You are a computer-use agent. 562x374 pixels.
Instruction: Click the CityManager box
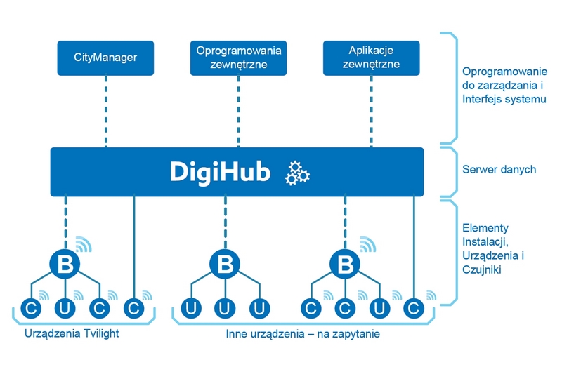tap(105, 58)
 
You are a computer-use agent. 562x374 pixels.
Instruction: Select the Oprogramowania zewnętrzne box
tap(238, 58)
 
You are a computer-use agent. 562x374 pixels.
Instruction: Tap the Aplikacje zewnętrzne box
tap(372, 58)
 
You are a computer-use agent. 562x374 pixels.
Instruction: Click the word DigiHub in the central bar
tap(220, 172)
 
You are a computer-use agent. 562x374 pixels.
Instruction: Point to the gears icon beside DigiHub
tap(297, 173)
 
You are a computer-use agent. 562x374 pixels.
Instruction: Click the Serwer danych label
tap(499, 169)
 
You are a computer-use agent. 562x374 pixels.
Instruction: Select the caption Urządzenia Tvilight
tap(72, 333)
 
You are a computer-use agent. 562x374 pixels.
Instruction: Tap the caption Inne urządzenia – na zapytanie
tap(303, 334)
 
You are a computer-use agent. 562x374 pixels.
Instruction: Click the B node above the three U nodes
tap(225, 265)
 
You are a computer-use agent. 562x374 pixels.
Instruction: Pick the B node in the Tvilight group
tap(65, 265)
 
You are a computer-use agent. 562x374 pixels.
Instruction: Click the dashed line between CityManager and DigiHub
tap(106, 112)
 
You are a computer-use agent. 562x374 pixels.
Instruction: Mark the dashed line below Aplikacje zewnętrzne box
tap(372, 112)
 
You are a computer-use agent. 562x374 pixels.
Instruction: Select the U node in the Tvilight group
tap(65, 308)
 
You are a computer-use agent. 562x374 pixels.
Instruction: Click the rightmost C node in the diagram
tap(414, 308)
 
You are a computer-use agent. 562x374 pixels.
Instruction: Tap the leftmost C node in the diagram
tap(31, 308)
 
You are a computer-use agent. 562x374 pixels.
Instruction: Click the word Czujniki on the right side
tap(481, 269)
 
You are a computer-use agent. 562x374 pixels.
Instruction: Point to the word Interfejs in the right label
tap(481, 99)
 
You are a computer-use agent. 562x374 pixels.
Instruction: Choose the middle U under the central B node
tap(225, 308)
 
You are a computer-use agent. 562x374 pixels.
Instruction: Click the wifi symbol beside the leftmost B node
tap(84, 244)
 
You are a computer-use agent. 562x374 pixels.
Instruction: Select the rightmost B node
tap(345, 265)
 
